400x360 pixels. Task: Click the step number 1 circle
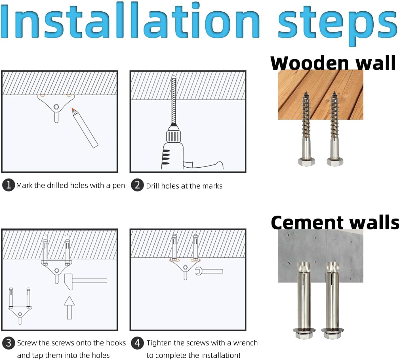9,185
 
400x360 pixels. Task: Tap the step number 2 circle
137,185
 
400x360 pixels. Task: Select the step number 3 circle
9,343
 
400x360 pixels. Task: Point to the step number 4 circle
137,343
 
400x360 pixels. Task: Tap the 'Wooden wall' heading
333,63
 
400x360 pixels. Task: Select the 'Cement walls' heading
335,222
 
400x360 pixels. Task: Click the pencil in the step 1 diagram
85,128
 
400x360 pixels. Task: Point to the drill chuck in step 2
174,136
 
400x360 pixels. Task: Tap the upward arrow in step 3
70,308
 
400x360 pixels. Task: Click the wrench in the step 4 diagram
209,271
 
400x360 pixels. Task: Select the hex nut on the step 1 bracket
56,107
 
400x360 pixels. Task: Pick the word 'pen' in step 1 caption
119,186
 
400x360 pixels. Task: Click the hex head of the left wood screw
306,161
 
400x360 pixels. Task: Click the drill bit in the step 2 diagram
174,100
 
